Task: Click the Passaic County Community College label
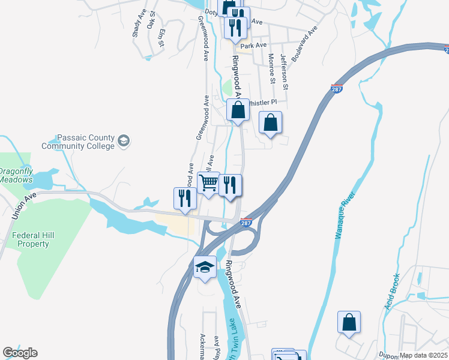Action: (77, 142)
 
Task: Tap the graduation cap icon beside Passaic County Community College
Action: (124, 142)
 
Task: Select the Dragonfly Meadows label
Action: (16, 175)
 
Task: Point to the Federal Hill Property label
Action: (33, 239)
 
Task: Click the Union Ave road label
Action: (22, 203)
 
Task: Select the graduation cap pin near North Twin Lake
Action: (205, 266)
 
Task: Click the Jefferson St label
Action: (284, 71)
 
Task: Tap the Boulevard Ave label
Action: (303, 44)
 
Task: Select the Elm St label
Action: (161, 38)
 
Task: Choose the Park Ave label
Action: (253, 46)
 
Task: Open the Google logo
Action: (20, 353)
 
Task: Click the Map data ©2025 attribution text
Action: (423, 355)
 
